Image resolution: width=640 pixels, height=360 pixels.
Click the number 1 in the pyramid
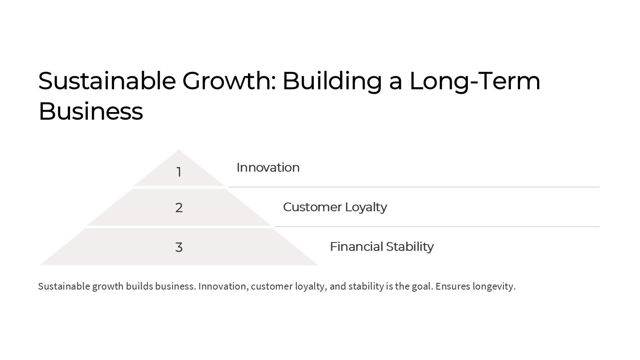[179, 172]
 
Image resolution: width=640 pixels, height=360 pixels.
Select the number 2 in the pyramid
[179, 208]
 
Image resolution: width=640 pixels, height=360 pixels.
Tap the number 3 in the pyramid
[179, 247]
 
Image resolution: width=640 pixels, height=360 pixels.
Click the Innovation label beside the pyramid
[268, 167]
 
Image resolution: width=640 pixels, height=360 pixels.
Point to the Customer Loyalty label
[335, 207]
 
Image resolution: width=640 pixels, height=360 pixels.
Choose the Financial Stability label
[382, 247]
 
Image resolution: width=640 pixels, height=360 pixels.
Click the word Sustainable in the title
[107, 81]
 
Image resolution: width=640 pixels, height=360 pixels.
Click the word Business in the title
[91, 111]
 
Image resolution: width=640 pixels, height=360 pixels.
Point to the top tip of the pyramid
[179, 150]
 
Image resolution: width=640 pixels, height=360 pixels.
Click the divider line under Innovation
[414, 187]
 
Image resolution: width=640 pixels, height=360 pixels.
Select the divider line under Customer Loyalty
[437, 227]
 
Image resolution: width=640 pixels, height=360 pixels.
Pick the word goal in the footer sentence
[422, 287]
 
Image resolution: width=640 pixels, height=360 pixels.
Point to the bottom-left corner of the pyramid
[40, 265]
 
